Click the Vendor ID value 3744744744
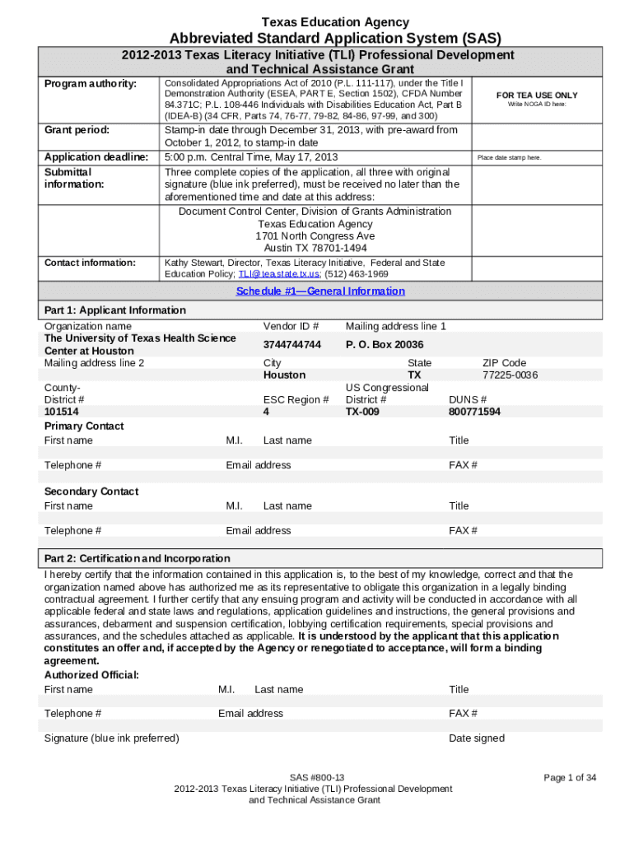click(x=291, y=344)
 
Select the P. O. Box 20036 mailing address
click(x=385, y=344)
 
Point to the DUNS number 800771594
click(x=474, y=412)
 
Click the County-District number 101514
click(x=62, y=412)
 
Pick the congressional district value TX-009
click(x=362, y=412)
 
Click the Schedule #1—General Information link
click(x=320, y=291)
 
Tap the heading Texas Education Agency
click(x=335, y=22)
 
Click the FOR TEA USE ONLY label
click(x=536, y=95)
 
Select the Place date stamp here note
click(x=509, y=157)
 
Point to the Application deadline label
click(x=96, y=157)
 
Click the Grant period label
click(x=77, y=130)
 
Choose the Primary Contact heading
click(x=84, y=426)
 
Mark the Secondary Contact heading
click(x=91, y=491)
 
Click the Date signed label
click(x=477, y=738)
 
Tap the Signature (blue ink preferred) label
click(x=111, y=738)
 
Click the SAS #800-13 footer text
click(x=317, y=777)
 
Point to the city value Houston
click(x=284, y=375)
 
